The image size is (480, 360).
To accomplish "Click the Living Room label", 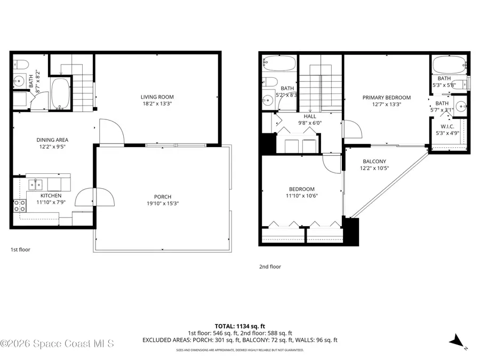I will point(157,97).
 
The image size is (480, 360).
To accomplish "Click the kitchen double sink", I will point(36,185).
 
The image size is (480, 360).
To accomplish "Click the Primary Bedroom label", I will point(386,98).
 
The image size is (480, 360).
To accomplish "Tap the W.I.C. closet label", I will point(447,126).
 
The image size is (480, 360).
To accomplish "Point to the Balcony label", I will point(374,162).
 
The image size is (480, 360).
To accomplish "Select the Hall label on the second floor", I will point(309,116).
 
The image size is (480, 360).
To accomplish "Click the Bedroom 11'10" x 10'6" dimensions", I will point(301,196).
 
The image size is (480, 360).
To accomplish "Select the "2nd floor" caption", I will point(269,267).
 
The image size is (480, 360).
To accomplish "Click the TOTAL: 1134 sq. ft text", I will point(239,325).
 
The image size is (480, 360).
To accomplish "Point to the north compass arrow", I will point(457,340).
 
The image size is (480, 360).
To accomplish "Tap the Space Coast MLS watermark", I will point(57,344).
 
